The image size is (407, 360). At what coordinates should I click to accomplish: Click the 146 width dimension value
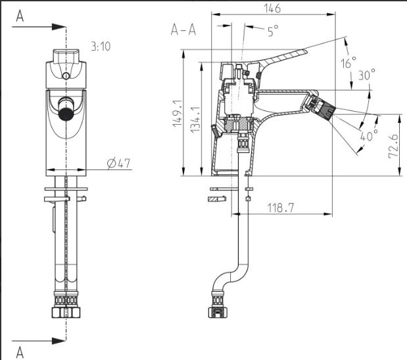[x=272, y=8]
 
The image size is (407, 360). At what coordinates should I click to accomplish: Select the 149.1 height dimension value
[x=178, y=114]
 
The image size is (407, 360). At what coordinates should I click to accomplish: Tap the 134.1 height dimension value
[x=195, y=120]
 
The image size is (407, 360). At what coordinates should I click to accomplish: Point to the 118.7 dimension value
[x=281, y=208]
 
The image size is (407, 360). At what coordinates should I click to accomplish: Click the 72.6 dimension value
[x=393, y=146]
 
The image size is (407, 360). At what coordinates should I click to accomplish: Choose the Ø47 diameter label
[x=118, y=163]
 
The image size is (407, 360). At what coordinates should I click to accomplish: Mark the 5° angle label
[x=273, y=31]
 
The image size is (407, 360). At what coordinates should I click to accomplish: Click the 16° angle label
[x=348, y=62]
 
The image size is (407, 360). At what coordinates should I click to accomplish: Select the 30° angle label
[x=367, y=74]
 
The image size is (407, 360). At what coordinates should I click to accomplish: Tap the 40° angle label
[x=369, y=135]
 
